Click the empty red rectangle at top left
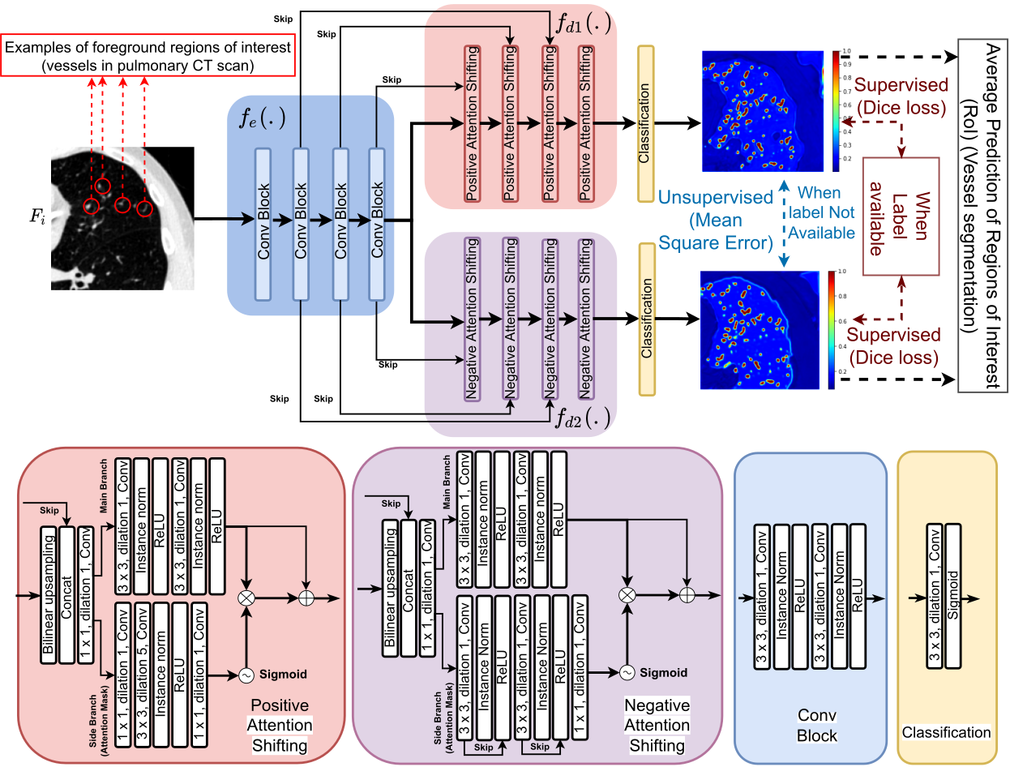pos(147,55)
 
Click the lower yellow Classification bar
pos(646,318)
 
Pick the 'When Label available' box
pos(901,216)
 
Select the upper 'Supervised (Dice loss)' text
pos(901,95)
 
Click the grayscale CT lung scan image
pos(122,218)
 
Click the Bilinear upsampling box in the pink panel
pos(49,593)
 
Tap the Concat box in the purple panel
pos(409,587)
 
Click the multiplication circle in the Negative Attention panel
pos(626,594)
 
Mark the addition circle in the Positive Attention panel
pos(306,598)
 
